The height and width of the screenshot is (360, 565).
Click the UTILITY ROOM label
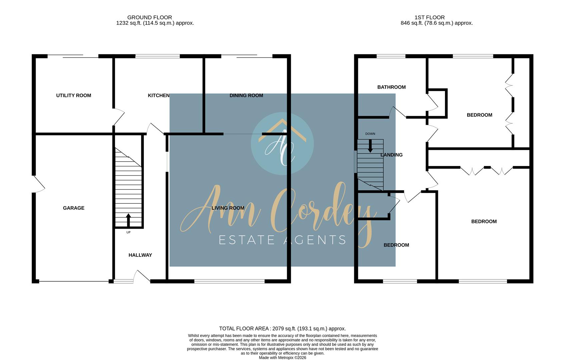[x=73, y=95]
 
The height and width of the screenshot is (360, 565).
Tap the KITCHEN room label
[x=158, y=95]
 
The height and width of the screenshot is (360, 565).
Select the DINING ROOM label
[x=246, y=95]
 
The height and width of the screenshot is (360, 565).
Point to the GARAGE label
[x=73, y=208]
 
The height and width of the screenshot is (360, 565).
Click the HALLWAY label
[x=140, y=255]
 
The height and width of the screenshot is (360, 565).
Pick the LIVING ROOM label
[x=228, y=208]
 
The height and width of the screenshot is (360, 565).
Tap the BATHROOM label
[x=391, y=87]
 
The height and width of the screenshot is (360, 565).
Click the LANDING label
[x=392, y=155]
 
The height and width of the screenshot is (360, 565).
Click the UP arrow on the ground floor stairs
[x=128, y=220]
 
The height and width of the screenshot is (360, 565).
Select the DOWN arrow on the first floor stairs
[x=370, y=146]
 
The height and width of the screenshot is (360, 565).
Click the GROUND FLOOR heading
[x=149, y=17]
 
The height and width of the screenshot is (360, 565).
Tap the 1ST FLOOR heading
[x=430, y=17]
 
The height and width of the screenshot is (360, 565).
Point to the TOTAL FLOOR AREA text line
[x=282, y=329]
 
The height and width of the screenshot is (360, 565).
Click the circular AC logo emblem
[x=282, y=144]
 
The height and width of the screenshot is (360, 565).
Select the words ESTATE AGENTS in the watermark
[x=282, y=240]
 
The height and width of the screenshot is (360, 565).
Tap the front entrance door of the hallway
[x=141, y=276]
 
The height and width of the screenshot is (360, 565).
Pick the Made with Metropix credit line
[x=282, y=358]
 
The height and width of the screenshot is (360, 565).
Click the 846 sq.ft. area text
[x=436, y=23]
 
